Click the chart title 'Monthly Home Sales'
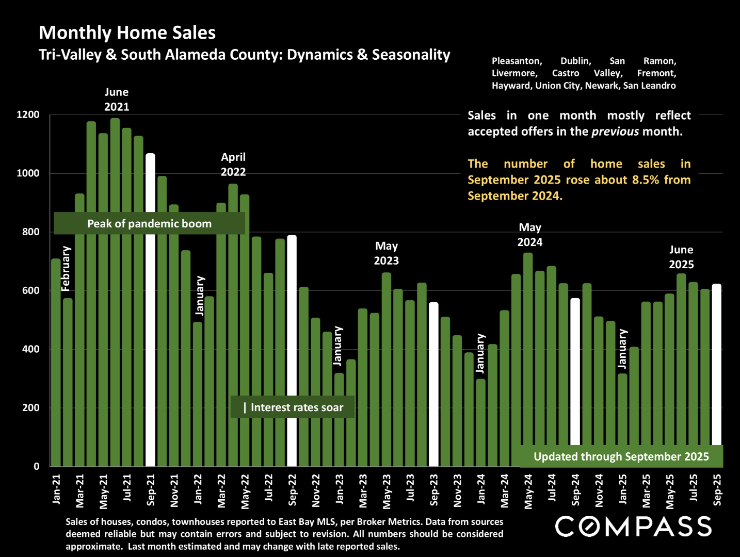click(x=127, y=32)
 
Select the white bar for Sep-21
click(x=150, y=309)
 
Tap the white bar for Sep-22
click(x=292, y=351)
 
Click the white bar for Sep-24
click(x=575, y=371)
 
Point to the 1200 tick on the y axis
click(x=28, y=114)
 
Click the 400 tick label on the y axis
click(x=30, y=349)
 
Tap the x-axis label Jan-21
click(x=56, y=489)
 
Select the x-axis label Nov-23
click(x=457, y=490)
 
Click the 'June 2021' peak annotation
click(x=117, y=100)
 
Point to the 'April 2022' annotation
click(x=233, y=165)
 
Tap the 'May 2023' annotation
click(x=387, y=253)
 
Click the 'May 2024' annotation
click(x=530, y=235)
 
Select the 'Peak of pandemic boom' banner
click(x=149, y=223)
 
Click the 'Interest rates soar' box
click(x=293, y=407)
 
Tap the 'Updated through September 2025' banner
click(x=621, y=456)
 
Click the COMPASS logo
click(x=633, y=527)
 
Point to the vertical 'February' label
click(x=66, y=269)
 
